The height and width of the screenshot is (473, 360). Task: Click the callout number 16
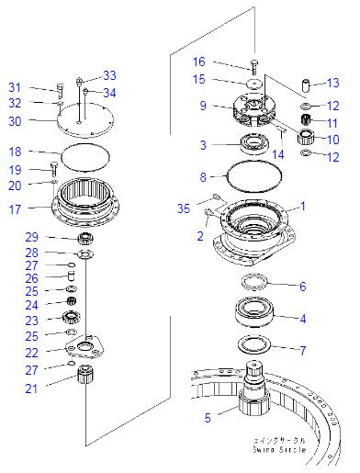[198, 62]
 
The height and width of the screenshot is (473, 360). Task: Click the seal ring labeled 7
[253, 344]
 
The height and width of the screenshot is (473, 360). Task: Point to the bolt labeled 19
[54, 167]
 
